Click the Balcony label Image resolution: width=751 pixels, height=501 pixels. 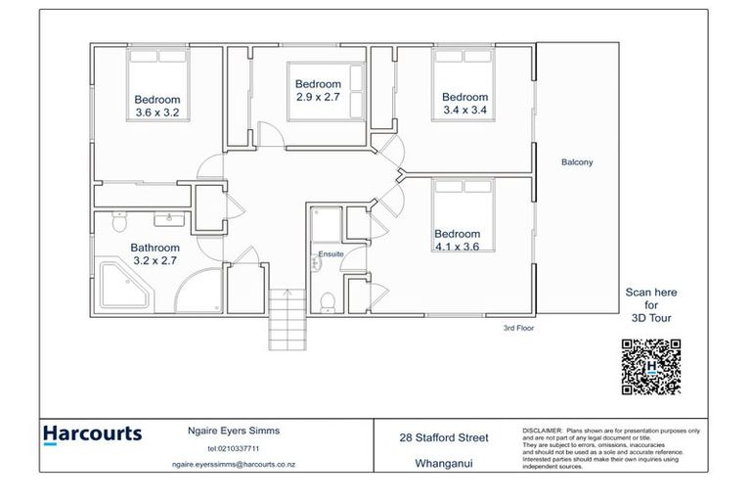point(577,162)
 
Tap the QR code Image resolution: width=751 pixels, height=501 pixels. point(650,367)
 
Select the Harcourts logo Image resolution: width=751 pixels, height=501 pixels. point(93,434)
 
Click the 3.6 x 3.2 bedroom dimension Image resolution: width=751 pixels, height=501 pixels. point(157,113)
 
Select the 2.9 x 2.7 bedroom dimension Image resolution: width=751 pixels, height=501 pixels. point(319,98)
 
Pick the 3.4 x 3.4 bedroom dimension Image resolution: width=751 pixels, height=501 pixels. point(464,111)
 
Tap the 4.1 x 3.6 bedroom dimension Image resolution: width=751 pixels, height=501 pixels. point(458,248)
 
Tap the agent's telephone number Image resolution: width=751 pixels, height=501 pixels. point(226,449)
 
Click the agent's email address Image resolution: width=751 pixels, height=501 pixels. point(226,466)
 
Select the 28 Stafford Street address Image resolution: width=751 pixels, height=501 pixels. point(444,437)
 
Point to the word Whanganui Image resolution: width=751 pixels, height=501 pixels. point(444,466)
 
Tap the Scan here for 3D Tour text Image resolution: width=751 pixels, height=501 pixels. point(651,305)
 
